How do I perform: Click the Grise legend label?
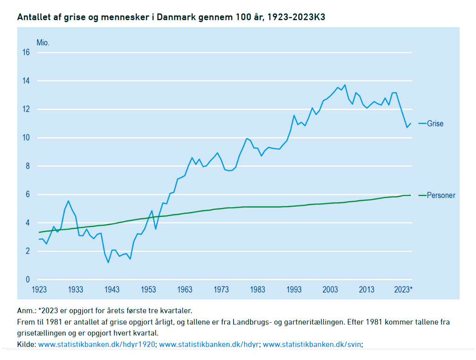click(435, 123)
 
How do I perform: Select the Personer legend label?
click(441, 195)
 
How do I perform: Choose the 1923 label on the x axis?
click(39, 290)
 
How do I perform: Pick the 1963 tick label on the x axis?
click(185, 290)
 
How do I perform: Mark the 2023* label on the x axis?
click(403, 290)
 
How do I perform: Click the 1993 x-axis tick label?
click(294, 290)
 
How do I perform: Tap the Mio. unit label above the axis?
click(43, 43)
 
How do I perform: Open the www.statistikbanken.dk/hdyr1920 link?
click(96, 344)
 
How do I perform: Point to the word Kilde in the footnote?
click(26, 344)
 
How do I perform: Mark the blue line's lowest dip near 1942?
click(108, 262)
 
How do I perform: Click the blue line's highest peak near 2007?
click(345, 85)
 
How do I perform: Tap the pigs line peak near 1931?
click(69, 201)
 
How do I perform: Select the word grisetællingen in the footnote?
click(40, 333)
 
